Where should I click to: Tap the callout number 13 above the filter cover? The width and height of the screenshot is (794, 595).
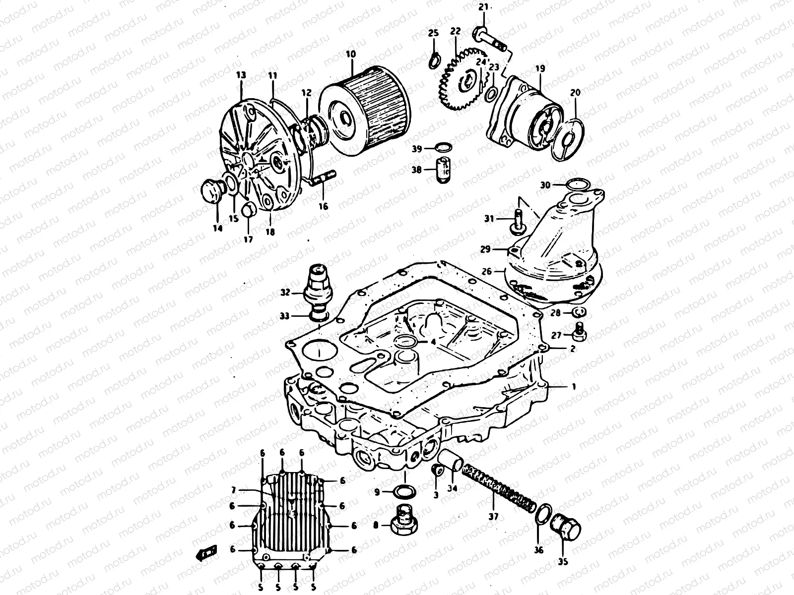[x=241, y=75]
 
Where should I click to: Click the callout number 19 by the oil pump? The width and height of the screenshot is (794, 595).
[x=540, y=68]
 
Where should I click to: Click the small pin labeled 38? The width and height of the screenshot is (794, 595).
[x=444, y=169]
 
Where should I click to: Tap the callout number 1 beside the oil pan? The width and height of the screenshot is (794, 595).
[x=574, y=386]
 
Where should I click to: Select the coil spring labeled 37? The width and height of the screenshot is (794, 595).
[x=499, y=490]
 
